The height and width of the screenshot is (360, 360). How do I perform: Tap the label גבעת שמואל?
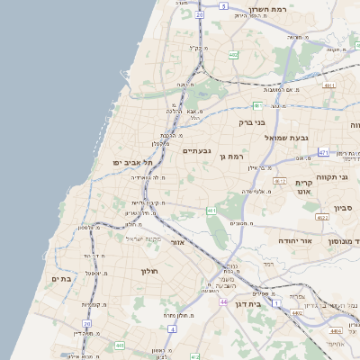pyautogui.click(x=287, y=137)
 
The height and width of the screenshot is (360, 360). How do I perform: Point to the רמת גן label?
pyautogui.click(x=232, y=157)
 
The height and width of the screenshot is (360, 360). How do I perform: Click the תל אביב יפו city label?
pyautogui.click(x=130, y=161)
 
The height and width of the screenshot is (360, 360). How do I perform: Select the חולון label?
pyautogui.click(x=148, y=271)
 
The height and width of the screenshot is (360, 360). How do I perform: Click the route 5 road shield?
pyautogui.click(x=222, y=5)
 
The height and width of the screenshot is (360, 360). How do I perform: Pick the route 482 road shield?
pyautogui.click(x=233, y=55)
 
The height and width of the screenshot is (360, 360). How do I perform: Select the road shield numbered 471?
pyautogui.click(x=323, y=153)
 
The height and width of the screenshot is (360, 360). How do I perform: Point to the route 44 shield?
pyautogui.click(x=222, y=301)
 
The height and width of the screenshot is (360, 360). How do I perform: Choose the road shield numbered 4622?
pyautogui.click(x=321, y=217)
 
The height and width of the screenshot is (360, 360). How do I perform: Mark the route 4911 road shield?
pyautogui.click(x=329, y=86)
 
